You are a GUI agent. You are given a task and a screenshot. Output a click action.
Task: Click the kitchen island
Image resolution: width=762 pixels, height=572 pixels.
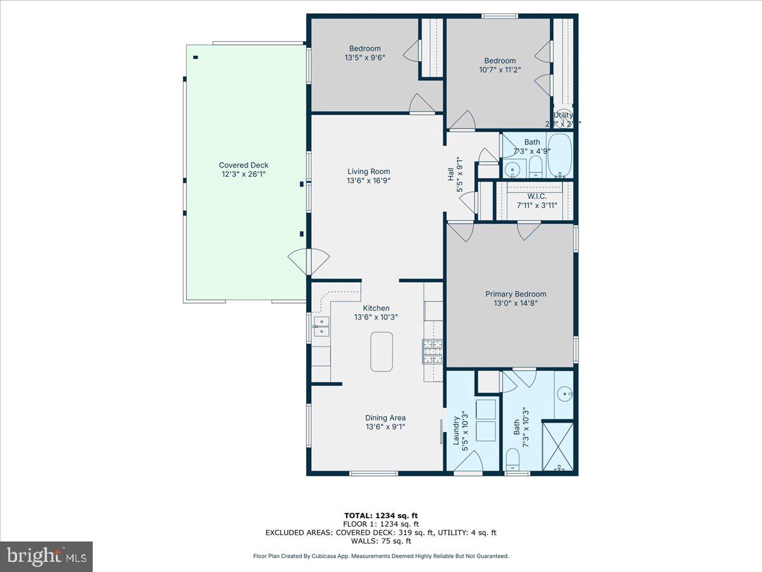(x=382, y=351)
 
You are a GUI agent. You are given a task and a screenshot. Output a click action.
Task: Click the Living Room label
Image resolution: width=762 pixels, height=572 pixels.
(x=368, y=171)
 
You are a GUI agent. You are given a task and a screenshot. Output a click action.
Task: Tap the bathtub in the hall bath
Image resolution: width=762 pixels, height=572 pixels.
(x=559, y=156)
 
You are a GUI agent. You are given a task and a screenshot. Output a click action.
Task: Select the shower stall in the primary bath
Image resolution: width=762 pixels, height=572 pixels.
(x=559, y=446)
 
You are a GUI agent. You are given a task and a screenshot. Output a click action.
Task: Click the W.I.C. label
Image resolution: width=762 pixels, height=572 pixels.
(x=531, y=196)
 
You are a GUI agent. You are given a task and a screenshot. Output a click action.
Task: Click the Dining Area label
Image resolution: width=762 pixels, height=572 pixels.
(x=385, y=418)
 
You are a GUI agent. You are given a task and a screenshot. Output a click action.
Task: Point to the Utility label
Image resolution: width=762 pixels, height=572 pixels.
(x=563, y=115)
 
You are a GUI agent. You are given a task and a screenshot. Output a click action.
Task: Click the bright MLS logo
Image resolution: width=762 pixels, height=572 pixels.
(x=46, y=556)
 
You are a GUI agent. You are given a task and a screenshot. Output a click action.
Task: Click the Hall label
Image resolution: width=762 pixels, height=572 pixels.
(x=450, y=172)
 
